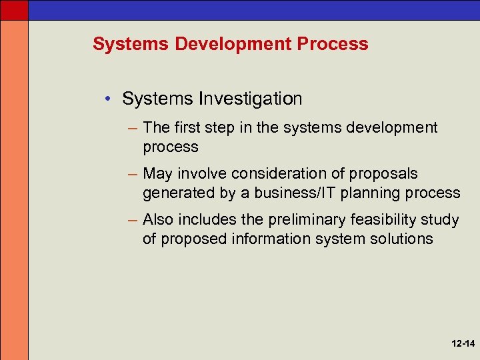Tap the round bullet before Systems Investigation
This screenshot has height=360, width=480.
pyautogui.click(x=107, y=99)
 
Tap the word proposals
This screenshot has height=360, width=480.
pyautogui.click(x=385, y=174)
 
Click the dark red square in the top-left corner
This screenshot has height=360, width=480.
pyautogui.click(x=14, y=9)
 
